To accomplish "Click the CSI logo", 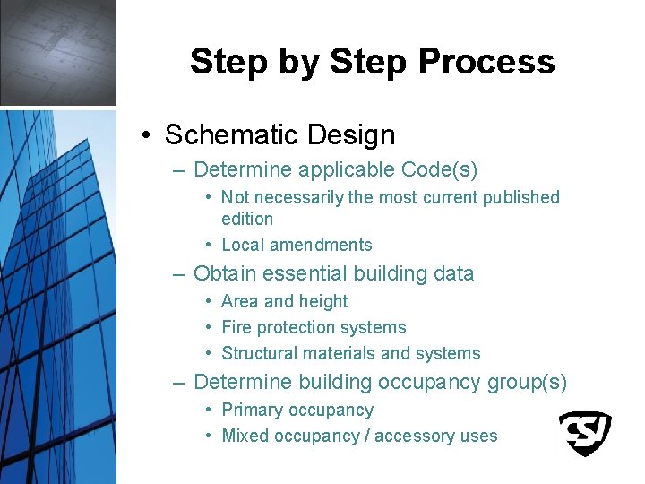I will click(584, 433).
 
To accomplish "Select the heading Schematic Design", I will click(279, 135).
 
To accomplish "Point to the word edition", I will click(247, 219).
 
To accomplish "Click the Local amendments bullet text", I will click(297, 245).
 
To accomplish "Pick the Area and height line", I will click(284, 302).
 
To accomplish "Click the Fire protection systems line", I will click(314, 328).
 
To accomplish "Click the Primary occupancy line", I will click(297, 411).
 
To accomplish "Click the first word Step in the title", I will click(228, 62).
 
